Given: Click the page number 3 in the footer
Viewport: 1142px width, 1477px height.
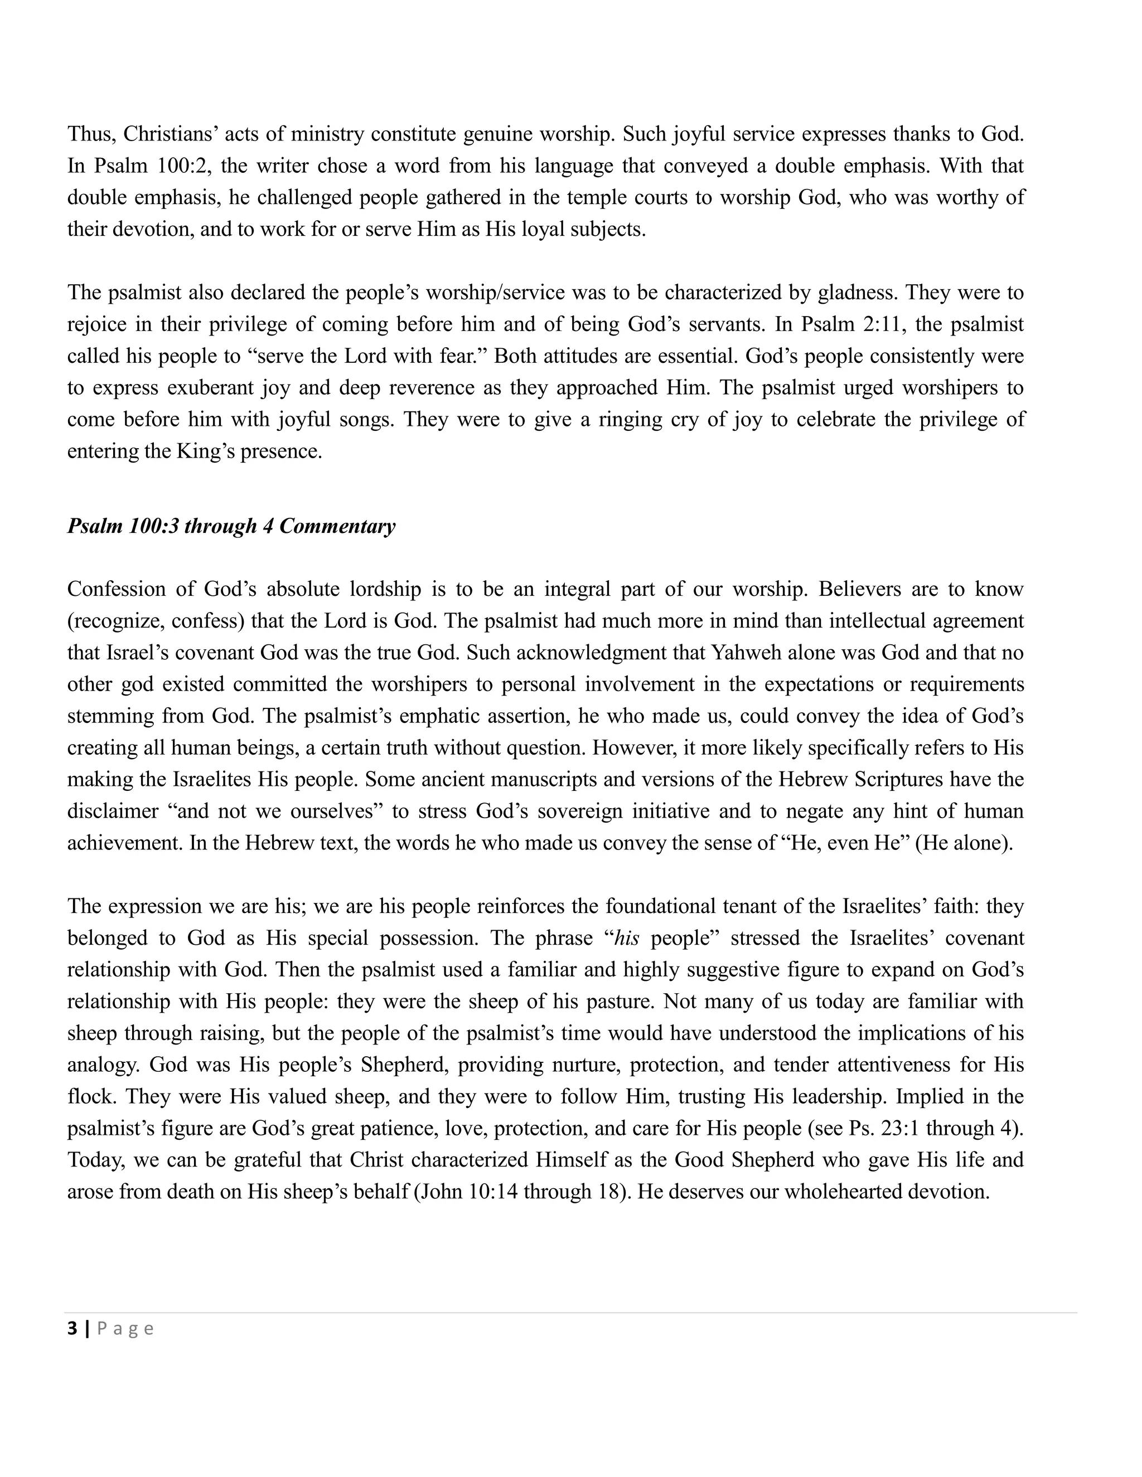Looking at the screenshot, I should coord(72,1329).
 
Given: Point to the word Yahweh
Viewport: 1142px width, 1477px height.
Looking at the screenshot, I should coord(739,653).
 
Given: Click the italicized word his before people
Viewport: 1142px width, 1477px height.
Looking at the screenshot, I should coord(626,938).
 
